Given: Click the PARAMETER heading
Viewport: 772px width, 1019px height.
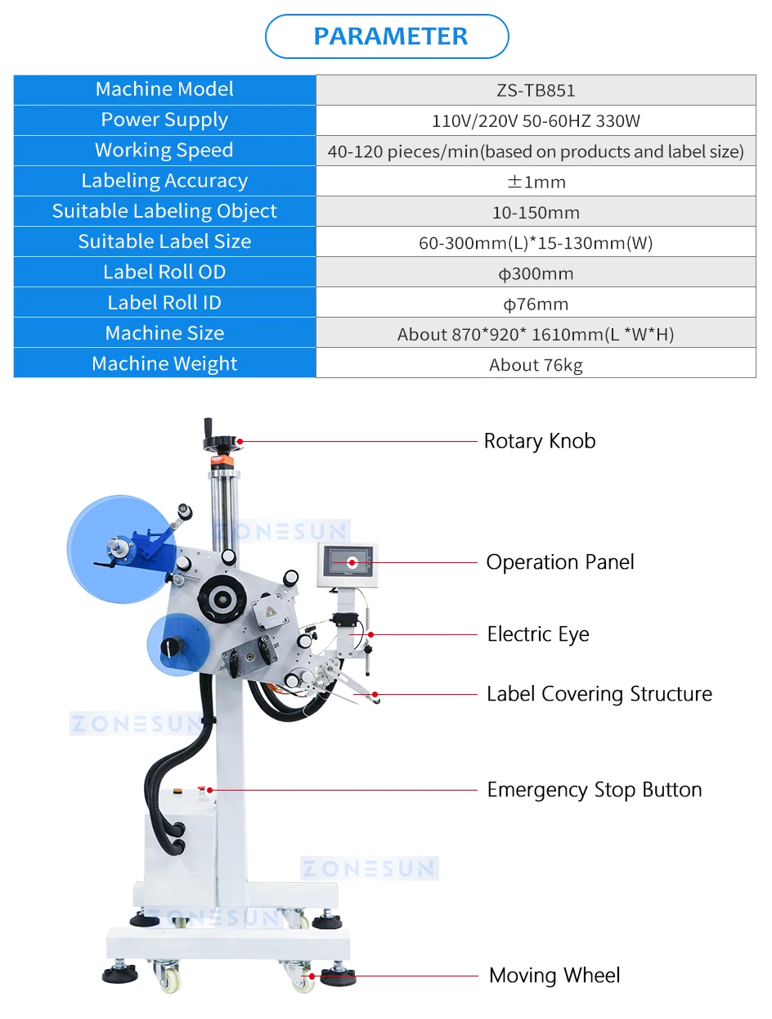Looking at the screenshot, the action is (x=390, y=36).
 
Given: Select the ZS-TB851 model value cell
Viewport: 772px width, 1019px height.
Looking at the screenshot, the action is (x=536, y=91).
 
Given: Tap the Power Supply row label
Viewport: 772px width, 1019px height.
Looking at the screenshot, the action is (x=164, y=119).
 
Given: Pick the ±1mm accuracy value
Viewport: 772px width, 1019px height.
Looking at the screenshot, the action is (x=536, y=182).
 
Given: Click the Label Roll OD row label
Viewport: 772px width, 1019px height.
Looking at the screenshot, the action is (x=164, y=272).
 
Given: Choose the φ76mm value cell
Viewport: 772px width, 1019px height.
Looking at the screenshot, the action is (x=536, y=304).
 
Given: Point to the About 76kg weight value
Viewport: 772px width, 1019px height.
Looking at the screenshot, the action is (x=536, y=365).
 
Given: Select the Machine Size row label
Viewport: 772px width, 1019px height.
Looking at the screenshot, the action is (x=164, y=333).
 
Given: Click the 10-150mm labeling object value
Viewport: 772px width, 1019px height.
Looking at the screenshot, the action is (x=536, y=213).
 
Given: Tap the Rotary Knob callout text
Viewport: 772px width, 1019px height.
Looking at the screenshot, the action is (x=540, y=441).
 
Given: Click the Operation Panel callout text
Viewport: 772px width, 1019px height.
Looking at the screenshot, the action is (x=560, y=562).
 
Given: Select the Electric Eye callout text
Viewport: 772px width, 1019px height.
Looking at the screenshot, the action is (x=538, y=634).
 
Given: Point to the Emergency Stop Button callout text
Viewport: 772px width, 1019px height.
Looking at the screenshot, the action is (x=595, y=790).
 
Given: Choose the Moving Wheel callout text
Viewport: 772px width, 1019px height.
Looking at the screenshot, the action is (x=554, y=976).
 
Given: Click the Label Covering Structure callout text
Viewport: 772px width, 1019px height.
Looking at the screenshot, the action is (x=599, y=694).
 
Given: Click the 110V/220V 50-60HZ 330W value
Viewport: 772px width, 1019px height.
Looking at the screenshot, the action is (x=536, y=121).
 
